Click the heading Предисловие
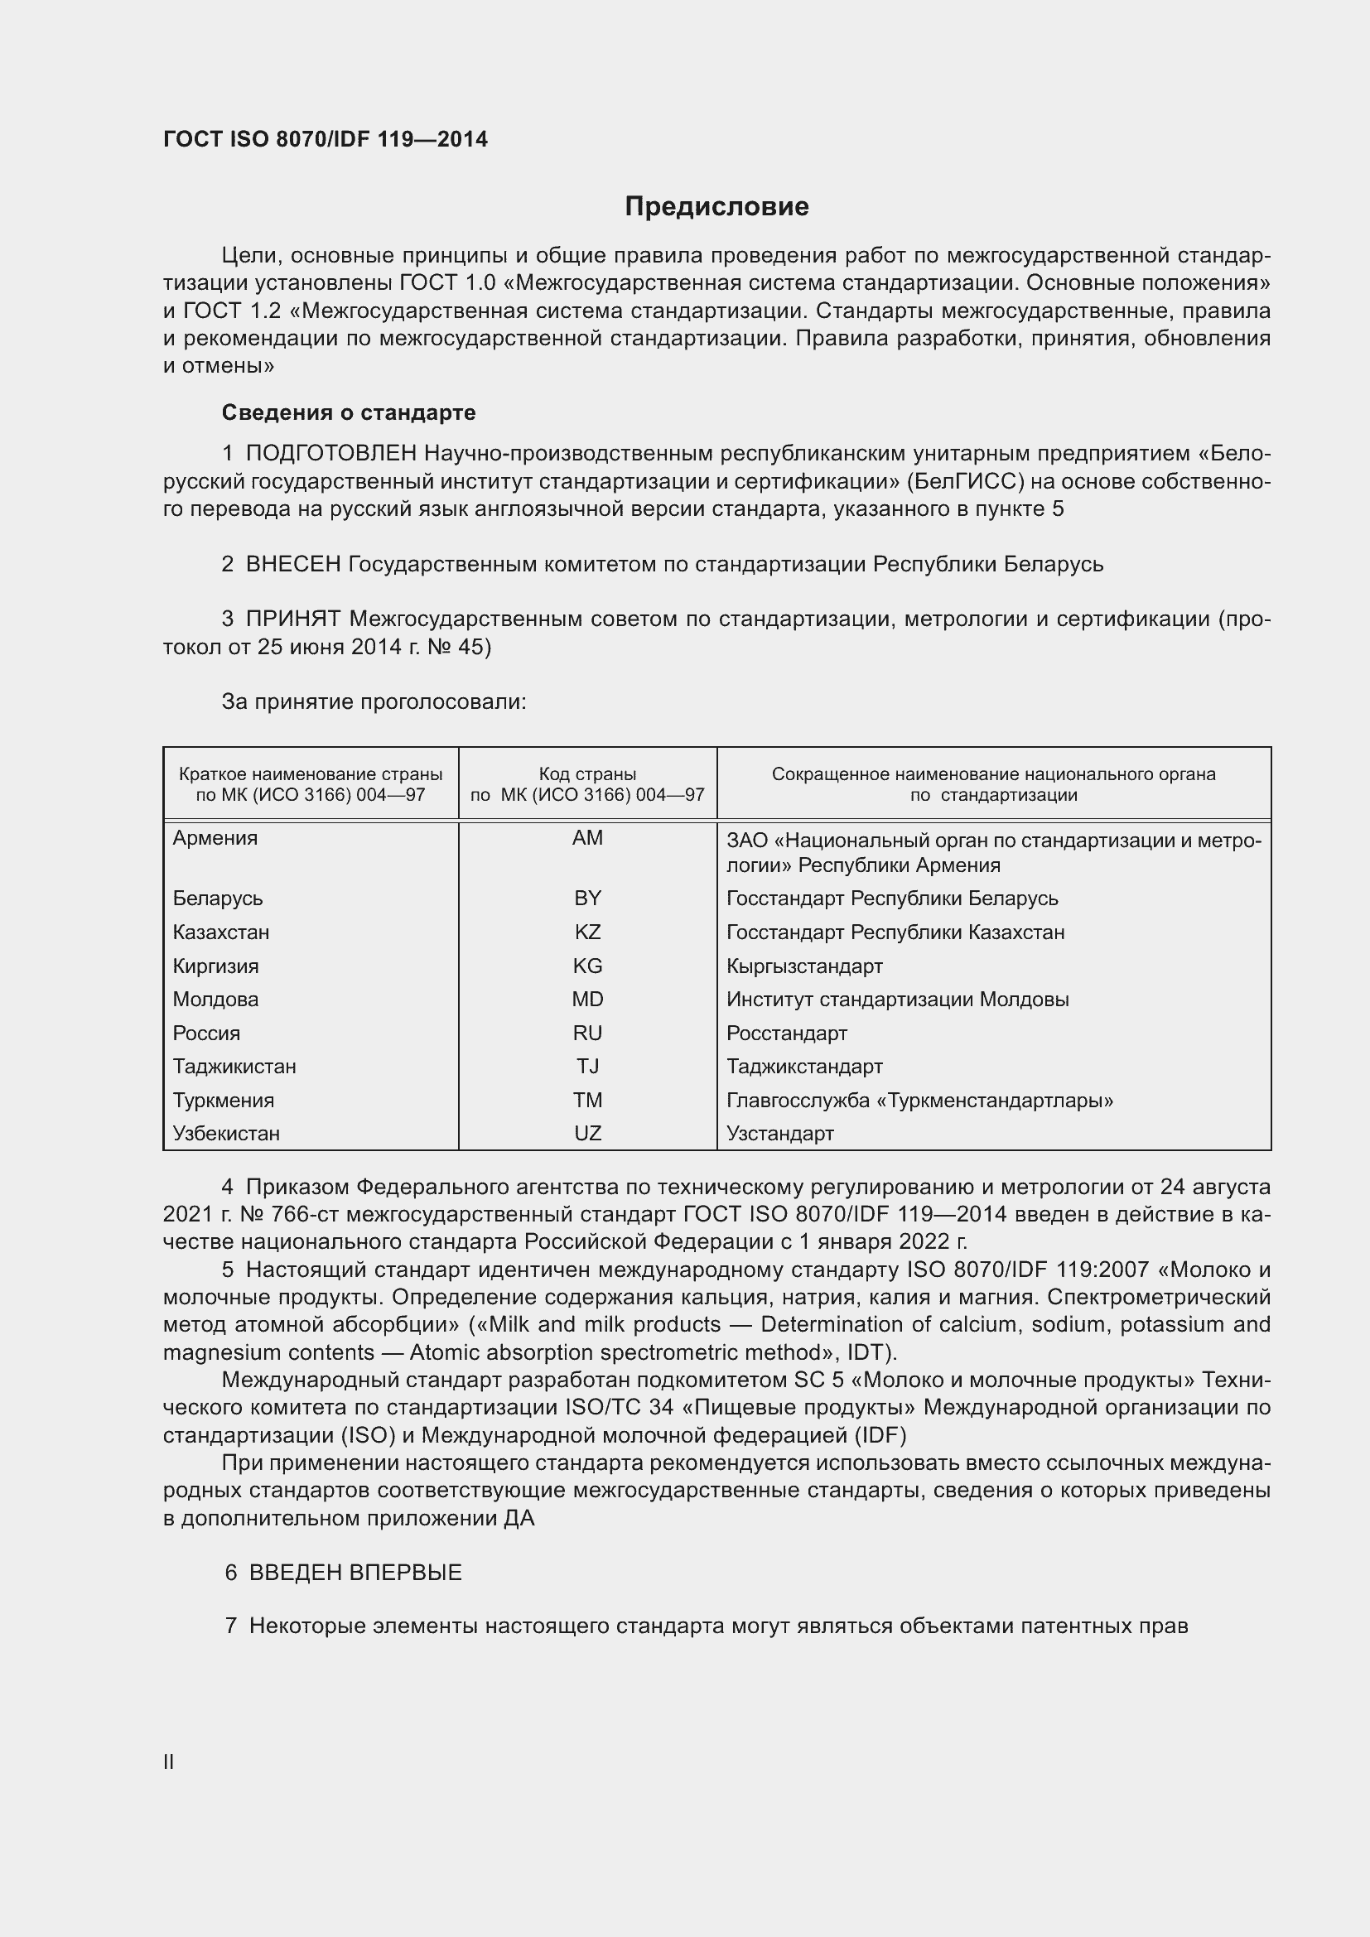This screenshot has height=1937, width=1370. pos(716,207)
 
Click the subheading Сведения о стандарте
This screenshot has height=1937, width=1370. pos(349,412)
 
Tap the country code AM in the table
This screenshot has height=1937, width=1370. pos(587,838)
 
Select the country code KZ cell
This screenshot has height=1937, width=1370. pos(587,932)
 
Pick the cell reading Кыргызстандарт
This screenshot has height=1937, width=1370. pos(804,966)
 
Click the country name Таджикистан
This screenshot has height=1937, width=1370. pos(234,1067)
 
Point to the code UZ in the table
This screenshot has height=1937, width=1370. pos(587,1133)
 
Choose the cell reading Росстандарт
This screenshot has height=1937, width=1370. pos(786,1034)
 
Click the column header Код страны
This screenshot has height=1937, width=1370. pos(587,773)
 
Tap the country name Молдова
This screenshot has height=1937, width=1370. pos(216,999)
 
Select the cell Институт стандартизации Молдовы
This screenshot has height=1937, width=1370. pos(898,1000)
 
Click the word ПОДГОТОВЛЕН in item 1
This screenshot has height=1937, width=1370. pos(330,454)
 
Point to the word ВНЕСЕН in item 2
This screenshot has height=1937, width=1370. pos(292,565)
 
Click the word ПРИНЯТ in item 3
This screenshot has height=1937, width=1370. pos(292,619)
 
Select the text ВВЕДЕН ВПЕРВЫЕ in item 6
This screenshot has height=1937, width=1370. pos(355,1573)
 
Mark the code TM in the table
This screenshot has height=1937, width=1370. pos(587,1100)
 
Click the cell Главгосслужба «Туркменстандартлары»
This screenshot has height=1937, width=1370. pos(919,1100)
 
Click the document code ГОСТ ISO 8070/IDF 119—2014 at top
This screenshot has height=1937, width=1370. pos(326,139)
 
